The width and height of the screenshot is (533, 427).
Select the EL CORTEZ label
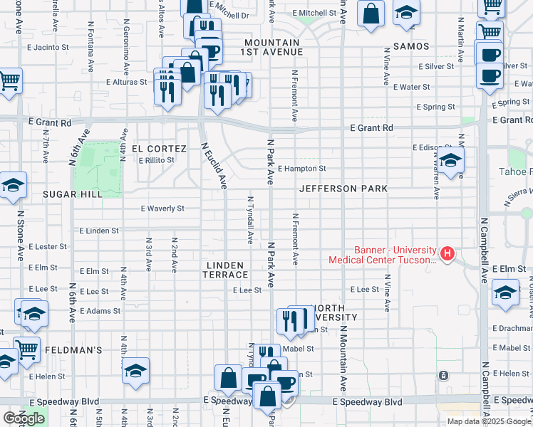point(157,148)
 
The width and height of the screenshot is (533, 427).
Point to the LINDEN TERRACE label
point(227,270)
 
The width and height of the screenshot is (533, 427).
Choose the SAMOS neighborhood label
point(410,46)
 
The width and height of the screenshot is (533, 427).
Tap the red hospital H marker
point(447,253)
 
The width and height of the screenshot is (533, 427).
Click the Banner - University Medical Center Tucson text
point(383,255)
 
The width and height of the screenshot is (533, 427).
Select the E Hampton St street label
point(302,169)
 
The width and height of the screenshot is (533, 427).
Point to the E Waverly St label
point(162,209)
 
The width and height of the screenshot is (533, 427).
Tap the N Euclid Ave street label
point(213,166)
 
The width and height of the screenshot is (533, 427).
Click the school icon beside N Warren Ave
point(450,161)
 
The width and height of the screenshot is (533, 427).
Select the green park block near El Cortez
point(99,170)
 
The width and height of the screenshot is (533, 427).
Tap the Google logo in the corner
point(24,418)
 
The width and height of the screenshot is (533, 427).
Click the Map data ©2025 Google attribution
point(489,421)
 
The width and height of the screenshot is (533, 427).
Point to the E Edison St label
point(433,147)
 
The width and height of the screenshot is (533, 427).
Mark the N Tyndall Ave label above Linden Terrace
point(250,221)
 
